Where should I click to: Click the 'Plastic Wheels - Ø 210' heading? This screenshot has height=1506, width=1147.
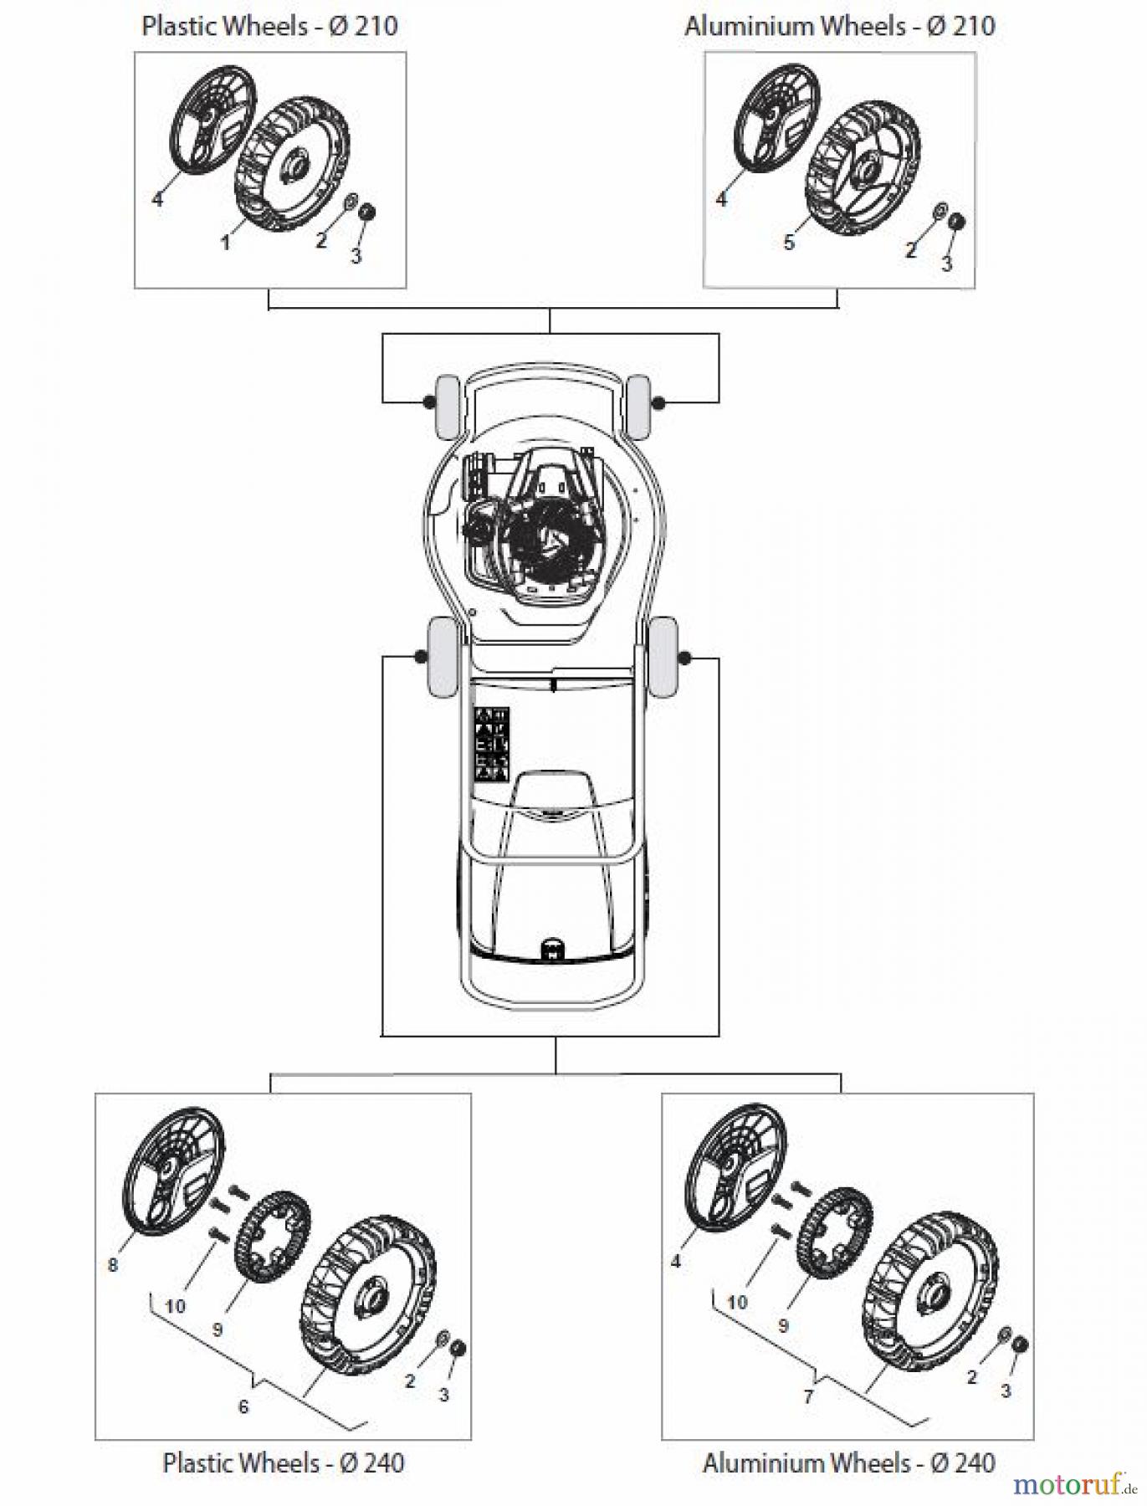(269, 26)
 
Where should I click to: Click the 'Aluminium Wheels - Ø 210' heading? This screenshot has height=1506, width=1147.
(839, 26)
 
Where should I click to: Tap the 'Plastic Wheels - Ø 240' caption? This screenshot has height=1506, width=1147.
(283, 1462)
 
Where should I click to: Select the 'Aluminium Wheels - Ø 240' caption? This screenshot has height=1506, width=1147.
(848, 1462)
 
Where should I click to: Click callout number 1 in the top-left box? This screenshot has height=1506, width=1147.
(224, 243)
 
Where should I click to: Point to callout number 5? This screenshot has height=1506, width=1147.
(789, 243)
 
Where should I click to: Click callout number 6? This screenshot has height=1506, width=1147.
(243, 1406)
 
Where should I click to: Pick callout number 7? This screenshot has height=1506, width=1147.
(808, 1396)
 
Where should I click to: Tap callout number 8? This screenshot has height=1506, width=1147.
(113, 1264)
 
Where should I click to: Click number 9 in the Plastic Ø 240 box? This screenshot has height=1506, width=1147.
(218, 1329)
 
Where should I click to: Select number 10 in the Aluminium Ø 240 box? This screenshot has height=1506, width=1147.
(737, 1302)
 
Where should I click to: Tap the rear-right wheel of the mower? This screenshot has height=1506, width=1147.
(663, 657)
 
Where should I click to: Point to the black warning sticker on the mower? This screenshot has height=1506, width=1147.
(491, 744)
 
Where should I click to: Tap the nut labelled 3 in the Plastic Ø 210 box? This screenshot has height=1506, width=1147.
(366, 213)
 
